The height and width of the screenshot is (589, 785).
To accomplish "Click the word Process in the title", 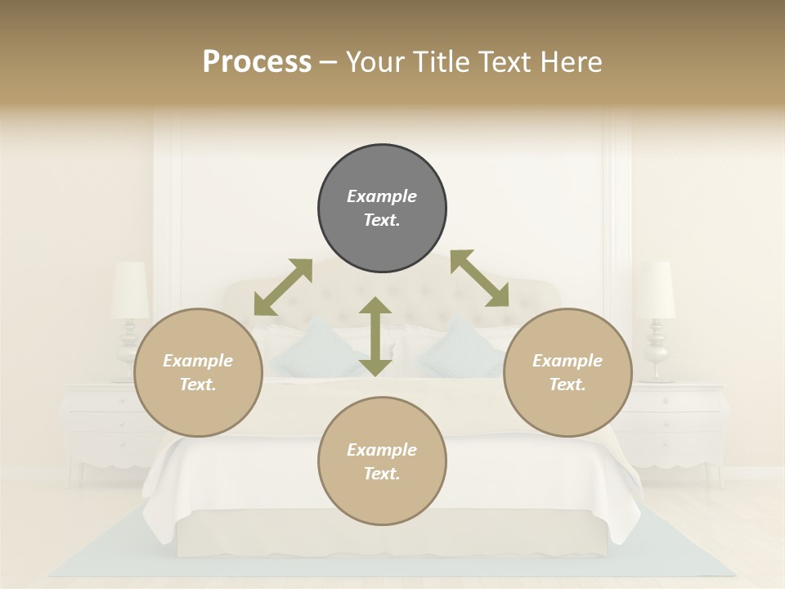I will point(257,62).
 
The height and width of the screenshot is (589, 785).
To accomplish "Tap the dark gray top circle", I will point(382,209).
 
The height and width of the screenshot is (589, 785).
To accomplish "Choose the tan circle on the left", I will point(198,372).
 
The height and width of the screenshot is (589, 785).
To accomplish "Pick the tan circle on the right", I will point(567,372).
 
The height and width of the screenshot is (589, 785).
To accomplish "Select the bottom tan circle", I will point(382,461).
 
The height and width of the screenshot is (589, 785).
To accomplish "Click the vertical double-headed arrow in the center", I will point(375,336).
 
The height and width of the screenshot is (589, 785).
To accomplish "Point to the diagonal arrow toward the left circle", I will point(283,287).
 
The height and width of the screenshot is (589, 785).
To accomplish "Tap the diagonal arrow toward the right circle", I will point(480,278).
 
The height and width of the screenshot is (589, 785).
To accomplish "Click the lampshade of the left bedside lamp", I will point(130,290).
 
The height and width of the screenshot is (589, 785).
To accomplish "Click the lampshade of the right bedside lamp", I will point(656,290).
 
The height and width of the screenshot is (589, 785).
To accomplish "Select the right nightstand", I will point(683,425).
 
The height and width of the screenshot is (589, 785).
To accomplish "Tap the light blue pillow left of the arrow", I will point(315,349).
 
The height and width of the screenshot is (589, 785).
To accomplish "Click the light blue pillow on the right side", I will point(458,349).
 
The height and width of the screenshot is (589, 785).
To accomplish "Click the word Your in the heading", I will point(373,62).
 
